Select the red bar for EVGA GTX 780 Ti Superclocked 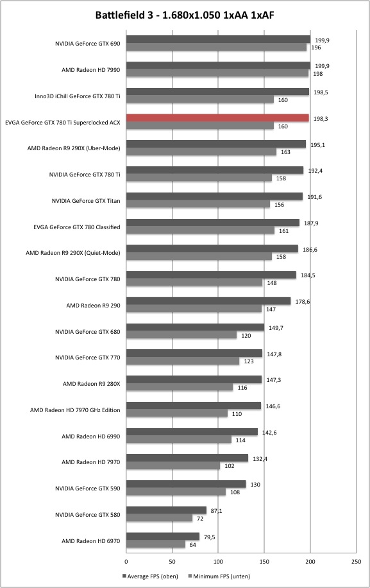(x=217, y=118)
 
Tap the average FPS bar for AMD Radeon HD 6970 (x=163, y=537)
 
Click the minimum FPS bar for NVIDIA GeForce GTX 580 (x=159, y=518)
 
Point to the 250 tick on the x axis (x=357, y=562)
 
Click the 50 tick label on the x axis (x=172, y=562)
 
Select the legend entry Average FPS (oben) (x=150, y=576)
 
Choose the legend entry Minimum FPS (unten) (x=219, y=576)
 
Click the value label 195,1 (x=317, y=144)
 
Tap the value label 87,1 (x=217, y=511)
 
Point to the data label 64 (x=192, y=544)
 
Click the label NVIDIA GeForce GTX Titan (x=86, y=201)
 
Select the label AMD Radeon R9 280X (x=91, y=384)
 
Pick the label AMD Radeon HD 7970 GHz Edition (x=75, y=410)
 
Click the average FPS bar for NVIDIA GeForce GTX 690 (x=218, y=39)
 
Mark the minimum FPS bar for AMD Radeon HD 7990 (x=217, y=73)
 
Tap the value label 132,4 (x=260, y=458)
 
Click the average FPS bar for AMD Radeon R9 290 (x=208, y=301)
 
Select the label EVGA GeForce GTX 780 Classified (x=77, y=227)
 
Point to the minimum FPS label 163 (x=285, y=152)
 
